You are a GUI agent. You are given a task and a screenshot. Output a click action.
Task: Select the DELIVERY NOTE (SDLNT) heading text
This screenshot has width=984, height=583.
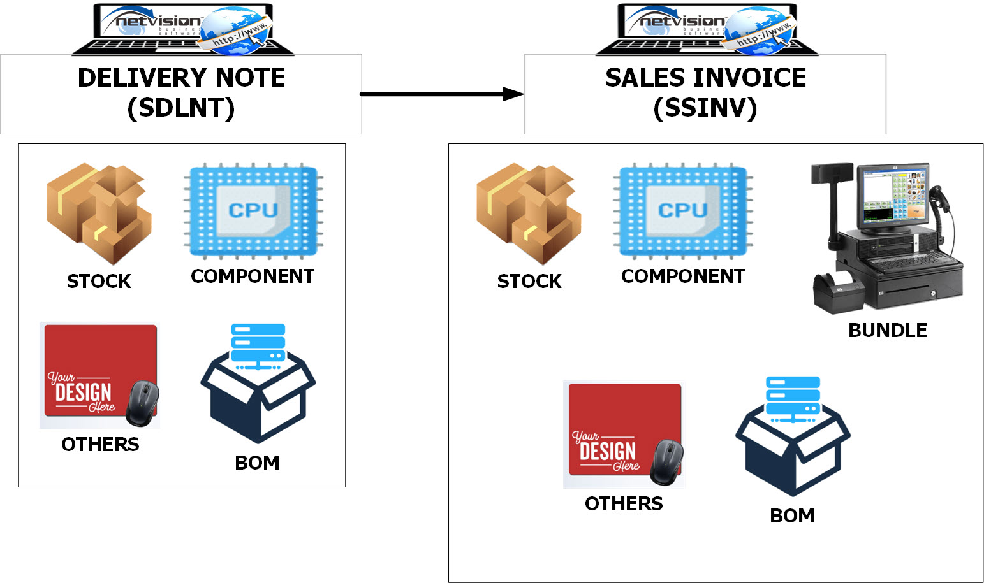pos(181,93)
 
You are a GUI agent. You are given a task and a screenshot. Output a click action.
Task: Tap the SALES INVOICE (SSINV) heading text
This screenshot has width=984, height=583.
pos(705,93)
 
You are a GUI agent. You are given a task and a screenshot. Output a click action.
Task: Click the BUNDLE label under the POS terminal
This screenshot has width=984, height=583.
pos(887,330)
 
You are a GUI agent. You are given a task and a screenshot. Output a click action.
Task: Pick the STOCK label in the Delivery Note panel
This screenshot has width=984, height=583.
pos(99,281)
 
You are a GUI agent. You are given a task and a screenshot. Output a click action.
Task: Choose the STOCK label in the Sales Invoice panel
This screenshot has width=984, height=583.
pos(529,281)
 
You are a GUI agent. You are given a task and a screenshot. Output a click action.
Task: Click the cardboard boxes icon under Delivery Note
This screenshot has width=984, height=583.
pos(99,213)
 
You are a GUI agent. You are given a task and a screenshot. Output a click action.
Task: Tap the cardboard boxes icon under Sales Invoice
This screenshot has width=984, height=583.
pos(529,213)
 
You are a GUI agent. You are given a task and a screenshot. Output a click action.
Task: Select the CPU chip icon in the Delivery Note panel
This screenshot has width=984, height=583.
pos(253,210)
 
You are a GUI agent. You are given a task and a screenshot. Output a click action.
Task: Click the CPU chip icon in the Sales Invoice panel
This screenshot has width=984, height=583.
pos(683,210)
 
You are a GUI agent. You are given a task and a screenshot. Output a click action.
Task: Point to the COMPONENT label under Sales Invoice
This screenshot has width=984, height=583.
pos(683,276)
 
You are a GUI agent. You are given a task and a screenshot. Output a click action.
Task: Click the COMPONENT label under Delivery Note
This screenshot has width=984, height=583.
pos(253,276)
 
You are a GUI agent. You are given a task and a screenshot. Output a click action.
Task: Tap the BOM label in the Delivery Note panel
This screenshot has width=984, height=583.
pos(257,463)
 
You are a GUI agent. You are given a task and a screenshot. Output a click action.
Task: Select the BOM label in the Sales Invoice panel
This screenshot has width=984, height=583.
pos(792,515)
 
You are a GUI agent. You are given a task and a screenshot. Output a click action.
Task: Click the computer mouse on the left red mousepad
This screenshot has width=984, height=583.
pos(143,403)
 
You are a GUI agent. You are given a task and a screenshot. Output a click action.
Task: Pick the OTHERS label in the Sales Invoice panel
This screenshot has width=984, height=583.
pos(624,503)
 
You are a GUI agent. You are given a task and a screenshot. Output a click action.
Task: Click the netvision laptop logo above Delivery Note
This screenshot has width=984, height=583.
pos(183,29)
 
